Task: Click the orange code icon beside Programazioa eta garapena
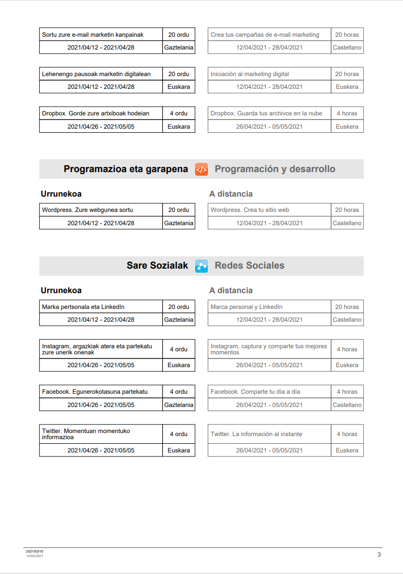pyautogui.click(x=201, y=170)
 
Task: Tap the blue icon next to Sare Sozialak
pyautogui.click(x=201, y=266)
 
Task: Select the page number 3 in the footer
pyautogui.click(x=379, y=555)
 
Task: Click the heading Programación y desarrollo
pyautogui.click(x=275, y=169)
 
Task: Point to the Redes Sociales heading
pyautogui.click(x=249, y=266)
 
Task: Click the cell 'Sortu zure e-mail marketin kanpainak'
pyautogui.click(x=101, y=35)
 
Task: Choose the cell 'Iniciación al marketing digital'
pyautogui.click(x=269, y=74)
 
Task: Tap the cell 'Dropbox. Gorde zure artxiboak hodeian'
pyautogui.click(x=101, y=113)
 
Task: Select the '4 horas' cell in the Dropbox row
pyautogui.click(x=347, y=113)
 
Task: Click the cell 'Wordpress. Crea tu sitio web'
pyautogui.click(x=269, y=210)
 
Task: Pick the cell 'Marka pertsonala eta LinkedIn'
pyautogui.click(x=101, y=307)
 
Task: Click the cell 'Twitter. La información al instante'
pyautogui.click(x=269, y=434)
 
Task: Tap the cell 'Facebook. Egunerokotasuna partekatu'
pyautogui.click(x=101, y=392)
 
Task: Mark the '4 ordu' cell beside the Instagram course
pyautogui.click(x=179, y=349)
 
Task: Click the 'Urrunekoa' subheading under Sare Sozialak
pyautogui.click(x=61, y=291)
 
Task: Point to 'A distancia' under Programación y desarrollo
pyautogui.click(x=231, y=194)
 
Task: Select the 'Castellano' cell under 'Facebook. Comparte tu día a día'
pyautogui.click(x=347, y=405)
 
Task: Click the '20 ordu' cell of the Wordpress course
pyautogui.click(x=179, y=210)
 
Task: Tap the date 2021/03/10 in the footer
pyautogui.click(x=35, y=552)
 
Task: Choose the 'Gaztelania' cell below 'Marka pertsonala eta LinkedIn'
pyautogui.click(x=179, y=320)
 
